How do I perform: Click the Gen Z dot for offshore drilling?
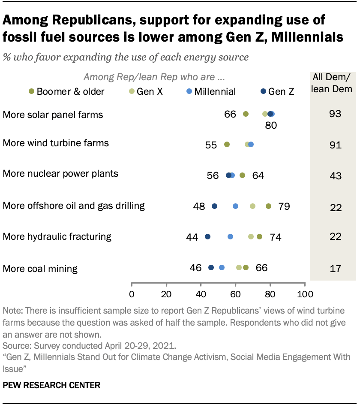pyautogui.click(x=214, y=206)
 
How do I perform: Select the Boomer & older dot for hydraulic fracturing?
pyautogui.click(x=259, y=237)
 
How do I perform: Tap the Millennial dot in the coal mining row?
pyautogui.click(x=222, y=267)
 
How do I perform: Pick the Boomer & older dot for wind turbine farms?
pyautogui.click(x=227, y=145)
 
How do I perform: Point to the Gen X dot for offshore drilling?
pyautogui.click(x=252, y=206)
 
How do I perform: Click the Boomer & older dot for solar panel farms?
pyautogui.click(x=246, y=114)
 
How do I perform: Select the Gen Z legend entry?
pyautogui.click(x=278, y=91)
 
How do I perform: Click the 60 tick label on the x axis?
pyautogui.click(x=235, y=294)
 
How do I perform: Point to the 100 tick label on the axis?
pyautogui.click(x=304, y=294)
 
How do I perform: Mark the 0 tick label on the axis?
pyautogui.click(x=132, y=294)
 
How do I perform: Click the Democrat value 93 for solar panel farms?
pyautogui.click(x=335, y=114)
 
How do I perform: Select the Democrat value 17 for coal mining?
pyautogui.click(x=335, y=269)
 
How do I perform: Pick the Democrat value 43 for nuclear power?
pyautogui.click(x=335, y=176)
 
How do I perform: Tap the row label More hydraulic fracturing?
pyautogui.click(x=57, y=236)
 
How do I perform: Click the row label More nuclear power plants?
pyautogui.click(x=60, y=174)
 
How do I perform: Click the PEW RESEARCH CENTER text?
pyautogui.click(x=51, y=385)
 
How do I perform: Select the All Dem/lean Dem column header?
pyautogui.click(x=335, y=83)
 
